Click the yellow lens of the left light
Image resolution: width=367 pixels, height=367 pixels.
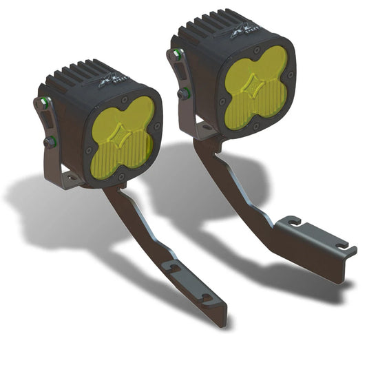(x=122, y=141)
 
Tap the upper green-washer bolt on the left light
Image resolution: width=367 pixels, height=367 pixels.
(x=45, y=103)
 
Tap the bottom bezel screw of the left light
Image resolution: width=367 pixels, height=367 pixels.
(x=122, y=178)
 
